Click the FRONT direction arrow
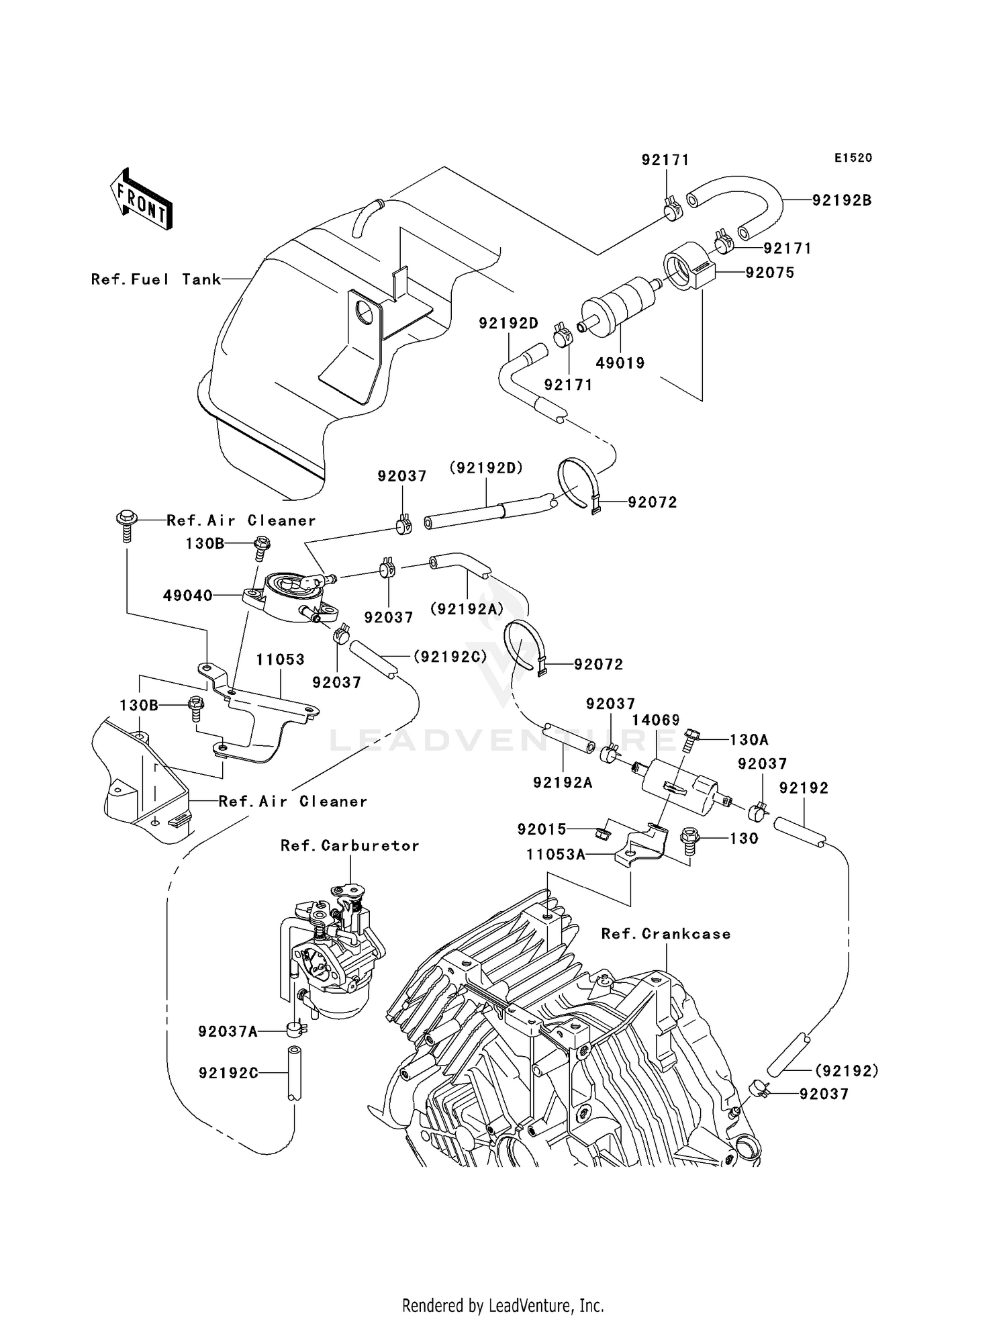coord(142,199)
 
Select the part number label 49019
coord(620,363)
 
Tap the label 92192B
coord(842,200)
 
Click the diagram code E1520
coord(853,158)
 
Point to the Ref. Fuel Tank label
coord(156,279)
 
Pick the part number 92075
coord(769,273)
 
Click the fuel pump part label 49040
coord(187,596)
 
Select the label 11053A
coord(555,855)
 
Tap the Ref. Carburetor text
coord(350,846)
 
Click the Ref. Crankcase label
coord(665,934)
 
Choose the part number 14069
coord(656,720)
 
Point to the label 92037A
coord(228,1031)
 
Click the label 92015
coord(542,830)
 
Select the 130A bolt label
coord(749,740)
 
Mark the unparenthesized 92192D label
coord(508,324)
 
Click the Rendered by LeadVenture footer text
coord(503,1305)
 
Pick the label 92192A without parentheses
coord(563,782)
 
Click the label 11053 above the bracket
coord(280,660)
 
